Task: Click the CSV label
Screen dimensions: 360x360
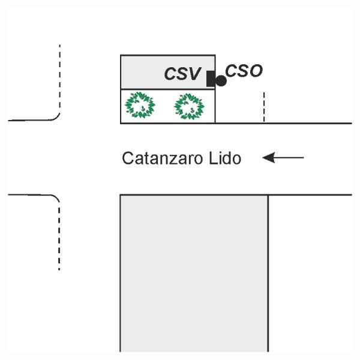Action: [x=182, y=74]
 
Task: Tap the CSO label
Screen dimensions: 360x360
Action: [x=244, y=70]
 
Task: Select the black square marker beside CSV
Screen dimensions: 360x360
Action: [x=211, y=79]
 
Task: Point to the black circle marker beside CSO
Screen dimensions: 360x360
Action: [x=221, y=81]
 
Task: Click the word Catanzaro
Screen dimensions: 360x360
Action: [x=163, y=158]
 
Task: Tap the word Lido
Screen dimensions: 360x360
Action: [x=225, y=158]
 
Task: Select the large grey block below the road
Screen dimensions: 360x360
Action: [x=194, y=273]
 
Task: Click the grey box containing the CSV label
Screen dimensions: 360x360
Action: [x=168, y=72]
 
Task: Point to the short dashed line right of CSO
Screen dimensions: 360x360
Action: [x=264, y=107]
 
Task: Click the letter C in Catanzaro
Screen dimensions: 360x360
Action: [x=127, y=158]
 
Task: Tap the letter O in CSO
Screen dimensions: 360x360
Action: [x=256, y=71]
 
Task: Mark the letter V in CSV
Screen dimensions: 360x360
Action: [x=194, y=74]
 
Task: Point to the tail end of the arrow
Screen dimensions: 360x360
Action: [x=304, y=158]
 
